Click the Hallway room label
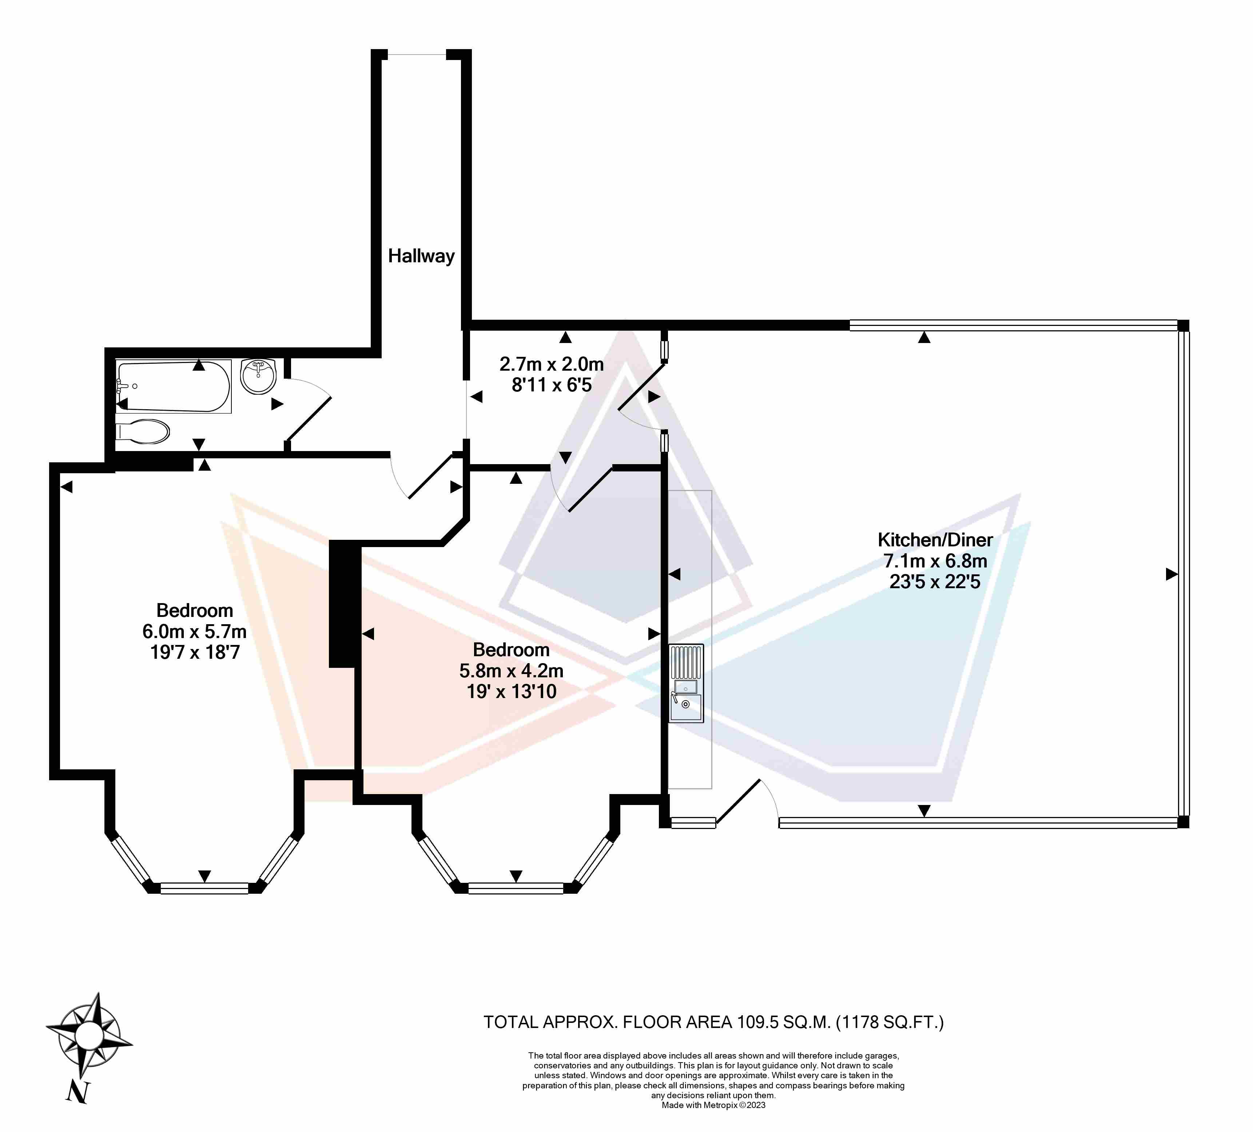pos(421,256)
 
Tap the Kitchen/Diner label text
pos(935,539)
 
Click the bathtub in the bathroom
pos(174,386)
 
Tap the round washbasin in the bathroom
pos(258,376)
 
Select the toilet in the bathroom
pos(143,431)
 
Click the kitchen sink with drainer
pos(686,683)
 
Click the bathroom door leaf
pos(308,418)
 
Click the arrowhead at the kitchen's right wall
pos(1172,574)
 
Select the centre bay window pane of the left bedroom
pos(204,888)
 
